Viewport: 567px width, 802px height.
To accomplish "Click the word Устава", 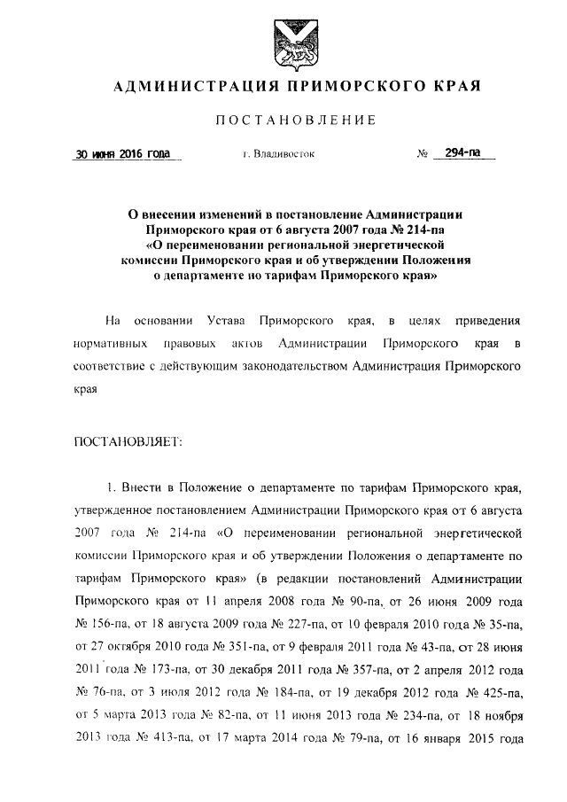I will point(221,319).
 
